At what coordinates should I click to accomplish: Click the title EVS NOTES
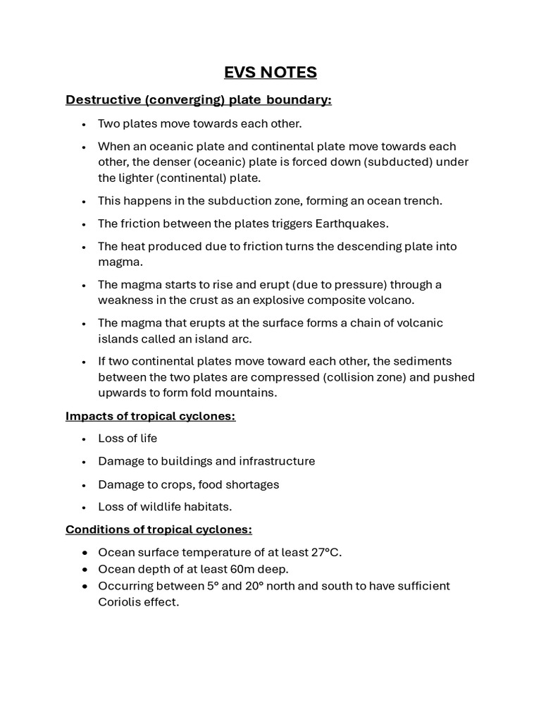click(x=270, y=72)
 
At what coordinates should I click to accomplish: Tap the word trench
click(x=423, y=200)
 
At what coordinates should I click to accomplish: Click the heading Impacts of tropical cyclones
click(x=150, y=416)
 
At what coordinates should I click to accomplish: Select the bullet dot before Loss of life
click(x=84, y=439)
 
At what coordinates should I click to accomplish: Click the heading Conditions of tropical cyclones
click(x=158, y=529)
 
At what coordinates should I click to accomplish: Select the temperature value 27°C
click(x=323, y=552)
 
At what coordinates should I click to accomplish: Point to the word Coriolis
click(x=120, y=603)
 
